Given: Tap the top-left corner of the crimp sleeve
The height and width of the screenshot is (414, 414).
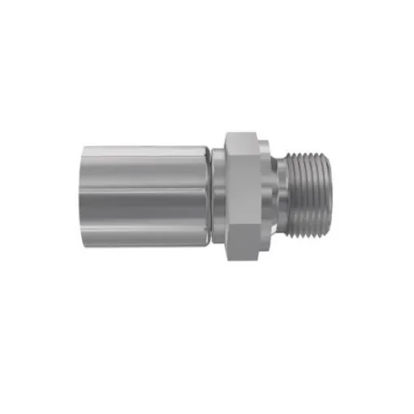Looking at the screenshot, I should click(x=86, y=147).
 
